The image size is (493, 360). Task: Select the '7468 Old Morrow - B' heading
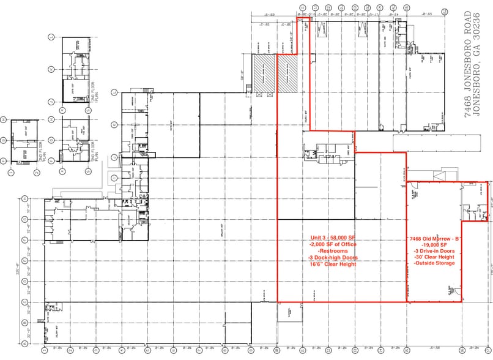point(434,238)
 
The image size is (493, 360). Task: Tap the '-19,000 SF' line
point(434,244)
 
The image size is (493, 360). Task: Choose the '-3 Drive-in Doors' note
point(434,251)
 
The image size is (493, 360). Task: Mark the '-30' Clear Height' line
point(434,257)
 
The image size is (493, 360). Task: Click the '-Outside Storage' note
point(434,264)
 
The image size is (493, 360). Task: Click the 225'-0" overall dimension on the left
point(17,269)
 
